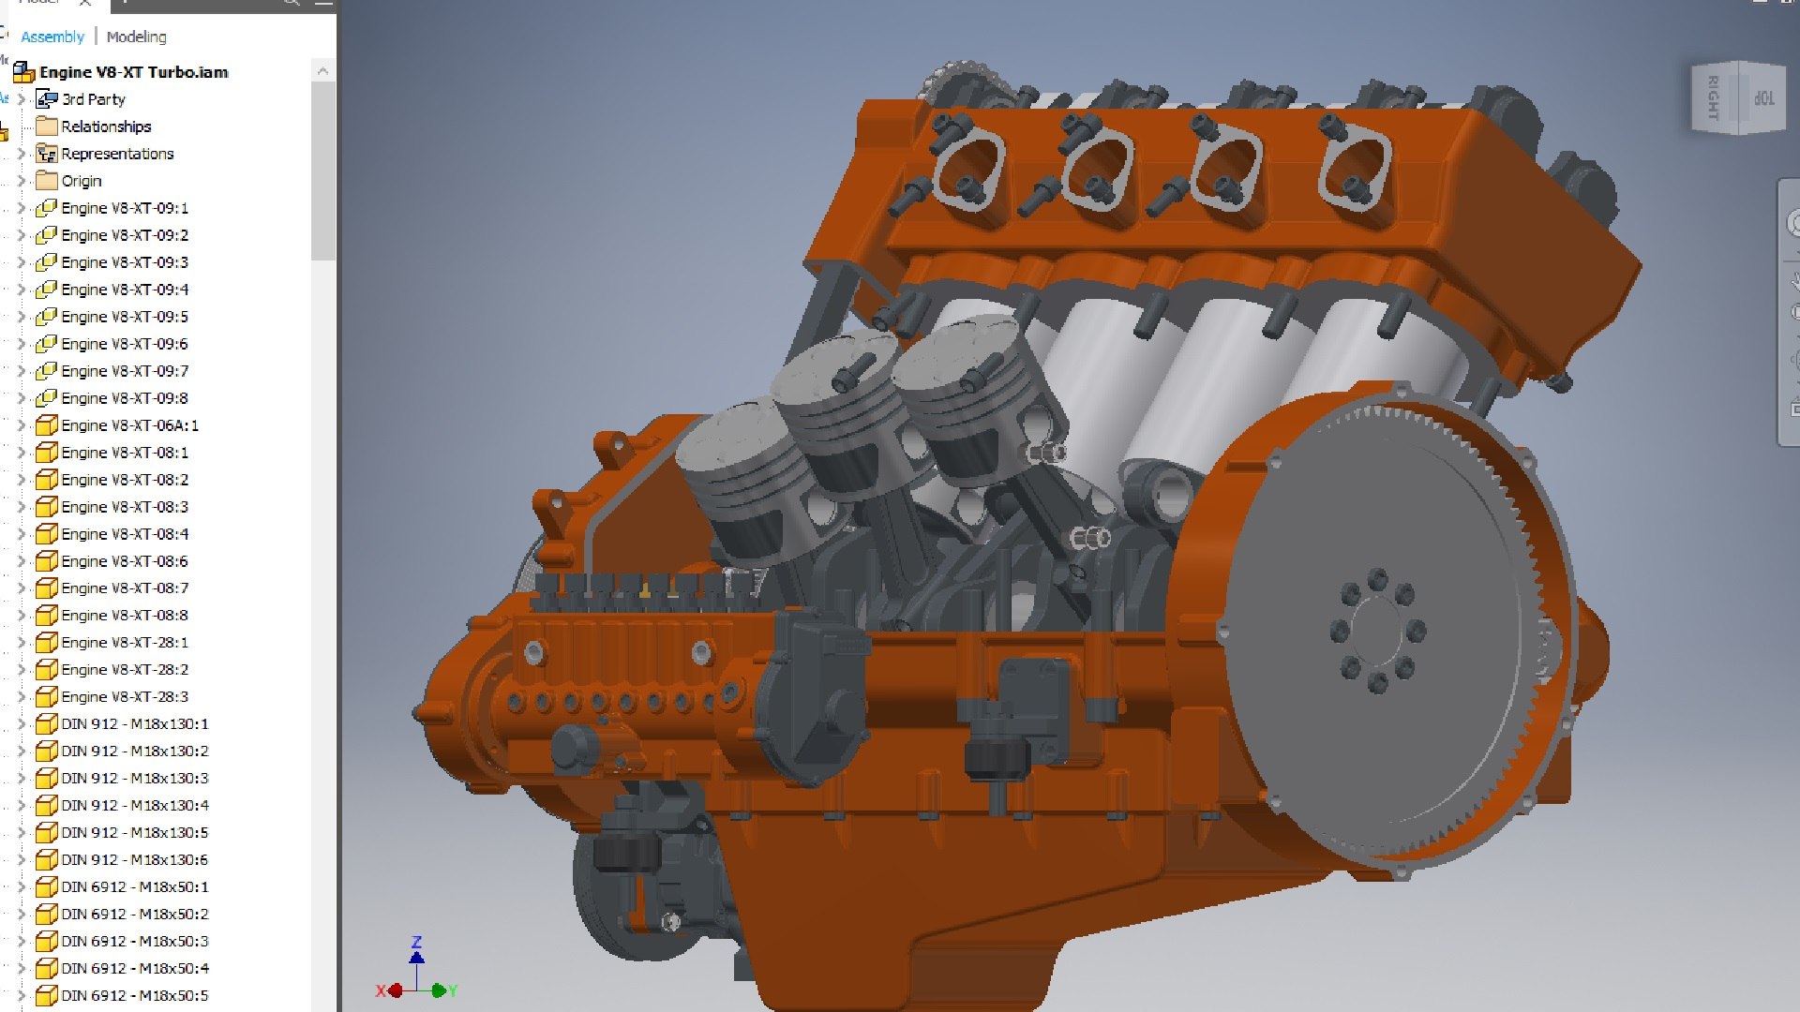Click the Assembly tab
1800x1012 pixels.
pos(52,37)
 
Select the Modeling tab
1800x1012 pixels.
pos(136,37)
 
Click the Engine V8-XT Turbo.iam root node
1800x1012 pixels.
pos(133,72)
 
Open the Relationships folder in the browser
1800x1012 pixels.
pos(105,126)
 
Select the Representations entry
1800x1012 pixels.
pos(116,154)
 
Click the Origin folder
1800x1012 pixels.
pos(81,181)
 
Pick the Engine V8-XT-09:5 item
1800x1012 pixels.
pos(124,317)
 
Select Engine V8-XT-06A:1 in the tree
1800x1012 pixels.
pos(129,425)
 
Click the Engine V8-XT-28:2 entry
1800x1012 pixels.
pos(124,670)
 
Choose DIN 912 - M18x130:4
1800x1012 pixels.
pos(134,806)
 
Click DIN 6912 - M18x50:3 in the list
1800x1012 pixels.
pos(134,942)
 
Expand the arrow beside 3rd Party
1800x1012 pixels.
pos(21,99)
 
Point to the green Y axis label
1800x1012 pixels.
pos(453,990)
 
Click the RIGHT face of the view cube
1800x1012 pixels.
pos(1713,97)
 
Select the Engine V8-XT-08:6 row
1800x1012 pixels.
pos(124,561)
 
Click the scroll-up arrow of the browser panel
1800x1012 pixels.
pos(322,71)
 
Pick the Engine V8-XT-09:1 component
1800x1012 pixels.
pos(124,208)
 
